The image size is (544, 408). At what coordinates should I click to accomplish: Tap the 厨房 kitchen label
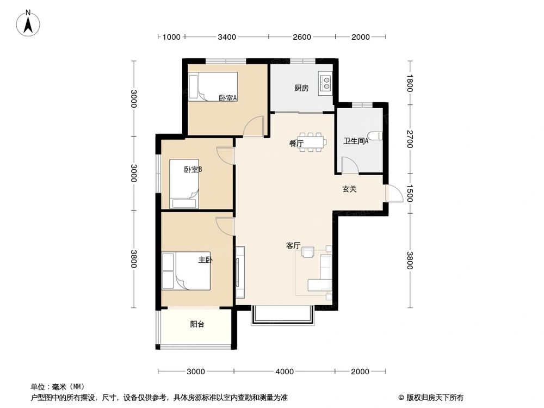pos(301,88)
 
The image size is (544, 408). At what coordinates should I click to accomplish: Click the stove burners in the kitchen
pos(326,83)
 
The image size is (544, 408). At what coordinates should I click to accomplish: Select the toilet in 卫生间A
pos(375,136)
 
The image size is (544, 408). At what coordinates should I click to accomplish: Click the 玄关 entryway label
pos(349,189)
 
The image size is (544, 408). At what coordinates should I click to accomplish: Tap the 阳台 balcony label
pos(197,325)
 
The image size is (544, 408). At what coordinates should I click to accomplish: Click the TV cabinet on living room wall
pos(240,271)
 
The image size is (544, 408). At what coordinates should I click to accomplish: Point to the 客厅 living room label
pos(293,245)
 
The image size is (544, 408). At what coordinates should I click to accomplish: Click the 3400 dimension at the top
pos(226,37)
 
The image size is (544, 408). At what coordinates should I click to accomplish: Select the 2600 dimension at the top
pos(301,37)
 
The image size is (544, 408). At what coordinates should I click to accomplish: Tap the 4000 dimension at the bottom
pos(283,372)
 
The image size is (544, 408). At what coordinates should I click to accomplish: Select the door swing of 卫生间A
pos(349,165)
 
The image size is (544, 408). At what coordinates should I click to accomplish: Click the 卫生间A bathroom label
pos(356,141)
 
